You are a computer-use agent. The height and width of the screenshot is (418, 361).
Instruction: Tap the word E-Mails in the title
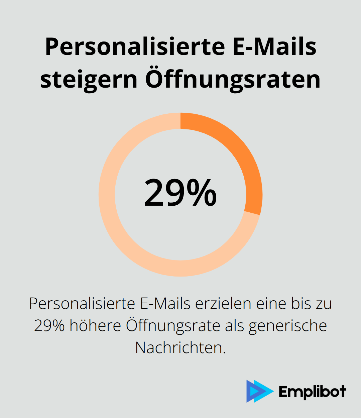[x=274, y=47]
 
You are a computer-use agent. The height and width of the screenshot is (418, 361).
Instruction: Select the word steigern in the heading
[x=89, y=80]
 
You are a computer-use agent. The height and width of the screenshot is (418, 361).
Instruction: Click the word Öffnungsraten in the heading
[x=233, y=80]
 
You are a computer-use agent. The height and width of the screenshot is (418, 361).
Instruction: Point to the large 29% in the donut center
[x=180, y=193]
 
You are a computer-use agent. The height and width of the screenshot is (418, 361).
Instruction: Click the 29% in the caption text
[x=49, y=326]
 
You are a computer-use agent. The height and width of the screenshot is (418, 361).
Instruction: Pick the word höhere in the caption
[x=95, y=326]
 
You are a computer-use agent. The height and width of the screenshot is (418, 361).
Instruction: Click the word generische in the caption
[x=287, y=326]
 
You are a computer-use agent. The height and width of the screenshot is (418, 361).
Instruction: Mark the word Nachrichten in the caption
[x=180, y=348]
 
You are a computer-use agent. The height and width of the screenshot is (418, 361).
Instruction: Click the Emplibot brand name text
[x=312, y=392]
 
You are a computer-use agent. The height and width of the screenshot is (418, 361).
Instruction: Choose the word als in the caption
[x=235, y=326]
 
